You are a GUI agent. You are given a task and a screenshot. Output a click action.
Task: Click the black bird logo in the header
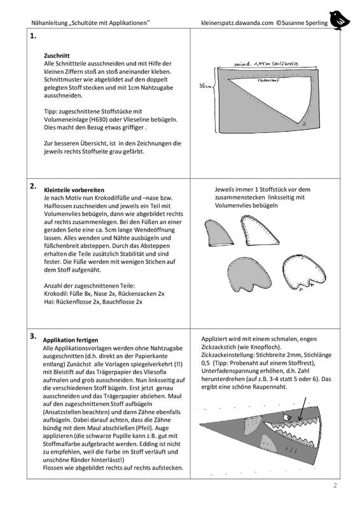click(x=339, y=20)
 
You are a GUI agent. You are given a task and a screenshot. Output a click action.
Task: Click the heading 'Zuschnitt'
click(x=57, y=55)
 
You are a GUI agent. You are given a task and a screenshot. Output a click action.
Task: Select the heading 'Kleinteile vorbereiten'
click(x=74, y=190)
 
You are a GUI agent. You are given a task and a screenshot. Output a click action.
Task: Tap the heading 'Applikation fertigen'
click(x=71, y=340)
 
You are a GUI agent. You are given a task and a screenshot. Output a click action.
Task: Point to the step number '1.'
click(x=33, y=36)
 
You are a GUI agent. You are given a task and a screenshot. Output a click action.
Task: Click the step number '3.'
click(x=33, y=336)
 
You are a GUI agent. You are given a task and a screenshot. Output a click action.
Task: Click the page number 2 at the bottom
click(x=335, y=485)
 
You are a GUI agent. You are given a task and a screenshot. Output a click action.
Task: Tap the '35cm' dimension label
click(x=205, y=86)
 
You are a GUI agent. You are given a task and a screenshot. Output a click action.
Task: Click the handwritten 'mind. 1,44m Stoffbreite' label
click(x=267, y=64)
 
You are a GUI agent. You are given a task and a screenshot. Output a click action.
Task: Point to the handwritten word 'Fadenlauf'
click(x=269, y=80)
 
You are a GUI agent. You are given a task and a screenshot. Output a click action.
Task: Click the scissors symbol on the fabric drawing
click(x=304, y=123)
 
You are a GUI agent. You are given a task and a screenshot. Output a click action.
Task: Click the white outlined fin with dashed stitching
click(x=259, y=230)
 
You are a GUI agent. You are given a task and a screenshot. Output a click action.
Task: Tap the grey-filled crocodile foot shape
click(x=249, y=274)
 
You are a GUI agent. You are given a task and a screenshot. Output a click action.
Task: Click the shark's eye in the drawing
click(x=286, y=417)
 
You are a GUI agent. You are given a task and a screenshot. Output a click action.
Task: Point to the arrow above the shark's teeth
click(x=303, y=409)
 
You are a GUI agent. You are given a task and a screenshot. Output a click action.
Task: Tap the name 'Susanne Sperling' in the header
click(x=305, y=23)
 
